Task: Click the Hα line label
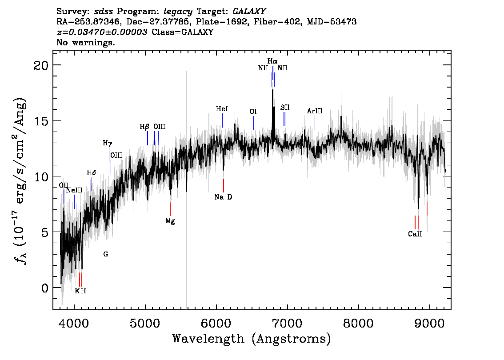click(272, 61)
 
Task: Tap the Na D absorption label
click(223, 197)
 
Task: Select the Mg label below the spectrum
click(170, 221)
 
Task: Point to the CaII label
click(415, 234)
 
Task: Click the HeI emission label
click(222, 109)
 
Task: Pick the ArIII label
click(315, 111)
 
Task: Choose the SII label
click(285, 108)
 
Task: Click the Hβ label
click(144, 127)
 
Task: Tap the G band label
click(106, 254)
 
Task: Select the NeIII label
click(74, 190)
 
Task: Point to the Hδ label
click(91, 173)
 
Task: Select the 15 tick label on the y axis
click(41, 121)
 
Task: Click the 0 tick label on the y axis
click(45, 288)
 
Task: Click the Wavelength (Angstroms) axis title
click(252, 339)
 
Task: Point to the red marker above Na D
click(224, 185)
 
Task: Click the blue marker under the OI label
click(254, 123)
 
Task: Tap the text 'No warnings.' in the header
click(85, 42)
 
